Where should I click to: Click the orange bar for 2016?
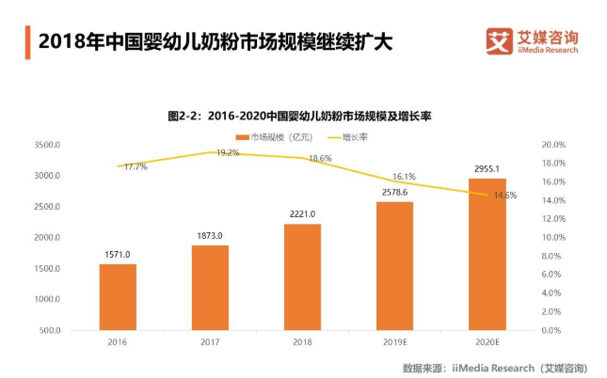(x=118, y=297)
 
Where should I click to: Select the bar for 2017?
(x=210, y=288)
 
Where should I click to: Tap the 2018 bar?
(x=302, y=277)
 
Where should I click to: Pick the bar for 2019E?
(x=394, y=266)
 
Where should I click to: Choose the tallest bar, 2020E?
(x=487, y=255)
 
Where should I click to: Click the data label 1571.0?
(x=118, y=255)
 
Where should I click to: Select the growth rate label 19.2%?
(x=228, y=152)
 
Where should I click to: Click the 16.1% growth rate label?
(x=404, y=176)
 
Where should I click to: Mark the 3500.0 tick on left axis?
(x=46, y=145)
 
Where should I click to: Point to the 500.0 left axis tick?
(x=49, y=331)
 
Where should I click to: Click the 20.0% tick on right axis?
(x=553, y=145)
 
